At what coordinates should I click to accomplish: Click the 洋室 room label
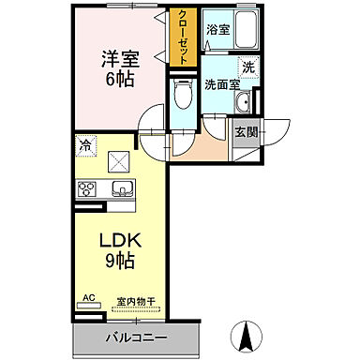coord(121,58)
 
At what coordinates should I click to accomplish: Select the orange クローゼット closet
coord(182,37)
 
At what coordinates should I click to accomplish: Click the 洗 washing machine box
coord(247,67)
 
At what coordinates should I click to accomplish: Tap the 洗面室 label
coord(221,81)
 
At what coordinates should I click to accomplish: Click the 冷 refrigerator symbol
coord(85,146)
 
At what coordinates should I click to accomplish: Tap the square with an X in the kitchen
coord(120,160)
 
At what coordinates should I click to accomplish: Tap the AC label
coord(89,298)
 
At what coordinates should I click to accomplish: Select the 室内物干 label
coord(137,301)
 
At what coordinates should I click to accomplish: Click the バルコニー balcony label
coord(136,337)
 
